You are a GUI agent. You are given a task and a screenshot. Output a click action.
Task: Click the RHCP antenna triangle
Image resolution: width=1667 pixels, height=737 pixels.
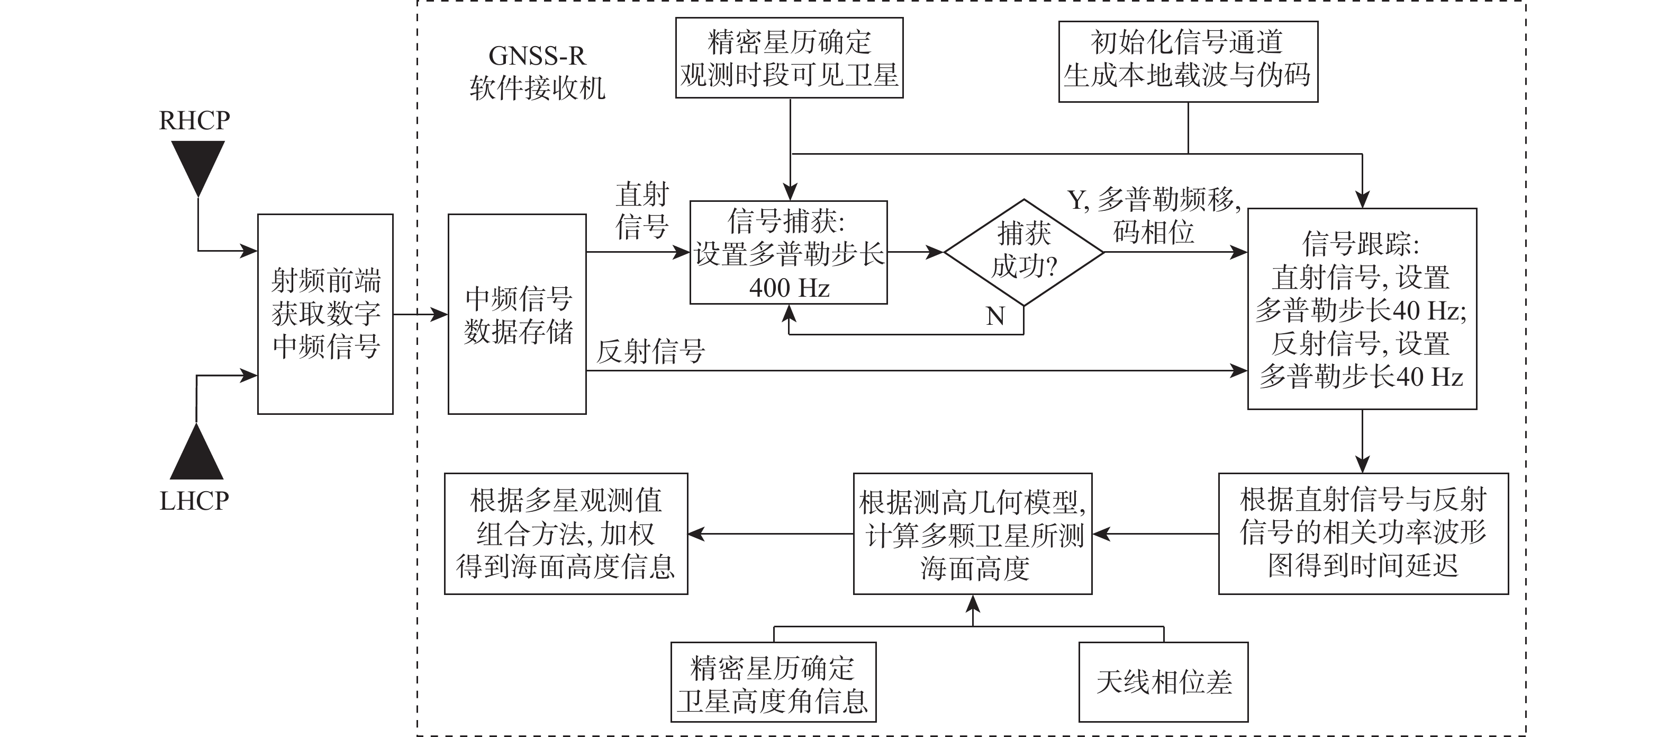[x=197, y=165]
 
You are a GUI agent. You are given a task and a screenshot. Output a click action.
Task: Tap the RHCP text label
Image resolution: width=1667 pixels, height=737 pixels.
[x=194, y=120]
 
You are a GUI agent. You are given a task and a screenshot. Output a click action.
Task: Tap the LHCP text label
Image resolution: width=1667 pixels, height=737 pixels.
[x=194, y=501]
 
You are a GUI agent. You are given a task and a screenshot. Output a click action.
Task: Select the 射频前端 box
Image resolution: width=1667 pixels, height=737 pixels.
[x=325, y=314]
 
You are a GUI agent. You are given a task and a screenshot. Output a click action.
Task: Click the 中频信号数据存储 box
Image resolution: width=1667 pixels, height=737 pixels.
[x=517, y=314]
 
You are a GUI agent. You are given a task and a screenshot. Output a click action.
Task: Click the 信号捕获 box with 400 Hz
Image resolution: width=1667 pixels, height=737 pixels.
[x=788, y=253]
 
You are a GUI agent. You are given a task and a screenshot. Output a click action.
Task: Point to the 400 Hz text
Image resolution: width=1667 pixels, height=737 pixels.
[x=789, y=288]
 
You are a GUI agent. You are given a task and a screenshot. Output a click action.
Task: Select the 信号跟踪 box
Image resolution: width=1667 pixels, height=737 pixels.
[x=1362, y=309]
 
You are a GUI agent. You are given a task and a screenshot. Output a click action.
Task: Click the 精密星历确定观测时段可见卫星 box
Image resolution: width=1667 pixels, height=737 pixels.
[x=789, y=58]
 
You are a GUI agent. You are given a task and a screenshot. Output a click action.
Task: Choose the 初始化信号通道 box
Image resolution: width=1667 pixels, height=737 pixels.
[x=1188, y=61]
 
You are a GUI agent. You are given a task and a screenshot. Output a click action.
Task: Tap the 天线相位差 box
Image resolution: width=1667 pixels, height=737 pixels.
[x=1163, y=682]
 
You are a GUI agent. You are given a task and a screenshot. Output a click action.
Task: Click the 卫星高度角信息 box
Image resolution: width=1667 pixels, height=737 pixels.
[x=773, y=682]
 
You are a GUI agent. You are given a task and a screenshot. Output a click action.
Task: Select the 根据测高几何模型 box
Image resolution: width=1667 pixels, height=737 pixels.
[x=973, y=534]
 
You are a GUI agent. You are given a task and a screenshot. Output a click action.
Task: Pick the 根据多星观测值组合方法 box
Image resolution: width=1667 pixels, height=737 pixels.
[x=566, y=534]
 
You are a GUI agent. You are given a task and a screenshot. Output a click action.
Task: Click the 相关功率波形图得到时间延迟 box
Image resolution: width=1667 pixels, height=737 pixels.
[x=1363, y=534]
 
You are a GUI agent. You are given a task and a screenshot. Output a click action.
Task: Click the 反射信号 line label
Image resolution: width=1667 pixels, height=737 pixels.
[x=650, y=352]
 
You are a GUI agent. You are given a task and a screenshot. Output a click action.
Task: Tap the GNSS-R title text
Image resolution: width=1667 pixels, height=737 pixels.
[x=537, y=56]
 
